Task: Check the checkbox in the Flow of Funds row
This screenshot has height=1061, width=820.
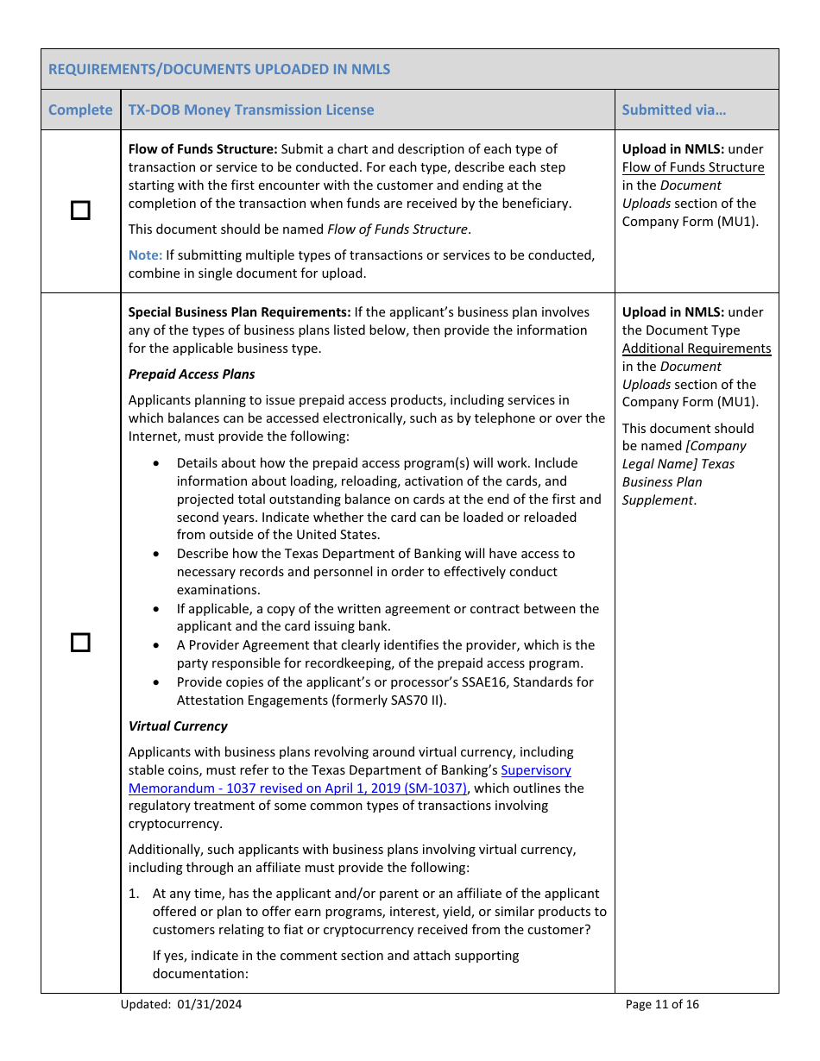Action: point(80,210)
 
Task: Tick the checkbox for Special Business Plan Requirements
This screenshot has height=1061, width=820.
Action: point(80,643)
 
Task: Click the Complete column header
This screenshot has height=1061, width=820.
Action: point(80,110)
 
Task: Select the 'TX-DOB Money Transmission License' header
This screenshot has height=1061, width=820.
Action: point(251,110)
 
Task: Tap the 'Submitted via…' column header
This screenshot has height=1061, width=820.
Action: point(674,110)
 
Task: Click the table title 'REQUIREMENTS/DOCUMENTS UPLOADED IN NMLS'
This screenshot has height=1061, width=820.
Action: point(219,69)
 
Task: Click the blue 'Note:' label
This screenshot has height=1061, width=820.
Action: point(145,255)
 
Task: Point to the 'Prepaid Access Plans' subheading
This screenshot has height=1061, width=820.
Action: point(192,374)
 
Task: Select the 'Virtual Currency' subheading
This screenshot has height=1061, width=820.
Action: point(178,726)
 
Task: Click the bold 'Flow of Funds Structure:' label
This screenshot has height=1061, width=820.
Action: point(203,149)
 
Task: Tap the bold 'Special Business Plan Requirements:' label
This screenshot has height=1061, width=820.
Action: point(239,312)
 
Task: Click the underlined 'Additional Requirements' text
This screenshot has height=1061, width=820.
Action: point(697,348)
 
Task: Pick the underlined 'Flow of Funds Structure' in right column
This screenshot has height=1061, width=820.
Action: point(693,167)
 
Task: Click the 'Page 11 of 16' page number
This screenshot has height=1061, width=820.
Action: point(662,1004)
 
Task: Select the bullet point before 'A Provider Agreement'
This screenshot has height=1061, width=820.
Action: point(155,645)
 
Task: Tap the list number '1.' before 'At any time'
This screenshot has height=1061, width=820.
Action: point(134,894)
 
